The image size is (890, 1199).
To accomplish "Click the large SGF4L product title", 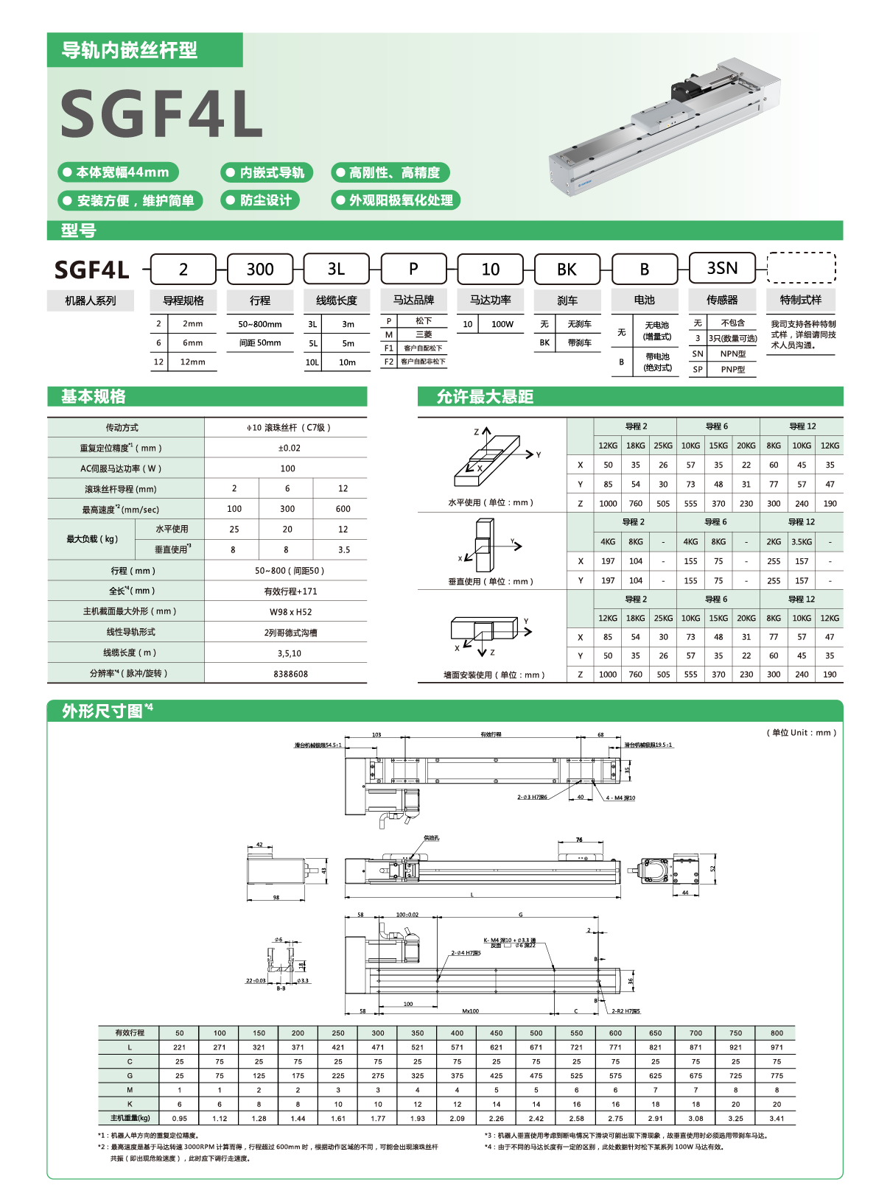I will (161, 113).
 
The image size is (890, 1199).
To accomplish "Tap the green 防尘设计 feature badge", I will (259, 200).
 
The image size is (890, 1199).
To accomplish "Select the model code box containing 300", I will (260, 270).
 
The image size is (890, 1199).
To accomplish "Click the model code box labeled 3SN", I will (722, 269).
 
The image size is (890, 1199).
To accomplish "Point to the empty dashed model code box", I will (801, 268).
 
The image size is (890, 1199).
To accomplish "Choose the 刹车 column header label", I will (567, 300).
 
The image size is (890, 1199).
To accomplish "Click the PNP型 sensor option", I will (732, 370).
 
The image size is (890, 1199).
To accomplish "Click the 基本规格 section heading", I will (94, 397).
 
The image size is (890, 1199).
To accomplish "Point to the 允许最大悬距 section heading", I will (485, 397).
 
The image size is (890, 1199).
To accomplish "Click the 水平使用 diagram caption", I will (491, 503).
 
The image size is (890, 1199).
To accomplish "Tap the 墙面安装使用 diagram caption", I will (494, 675).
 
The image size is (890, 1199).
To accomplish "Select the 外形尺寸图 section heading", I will (103, 711).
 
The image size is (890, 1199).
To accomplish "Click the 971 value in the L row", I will (777, 1047).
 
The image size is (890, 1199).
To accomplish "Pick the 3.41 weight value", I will (777, 1118).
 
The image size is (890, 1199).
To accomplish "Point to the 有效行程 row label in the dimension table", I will (130, 1033).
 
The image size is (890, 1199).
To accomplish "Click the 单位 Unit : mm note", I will (802, 733).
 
